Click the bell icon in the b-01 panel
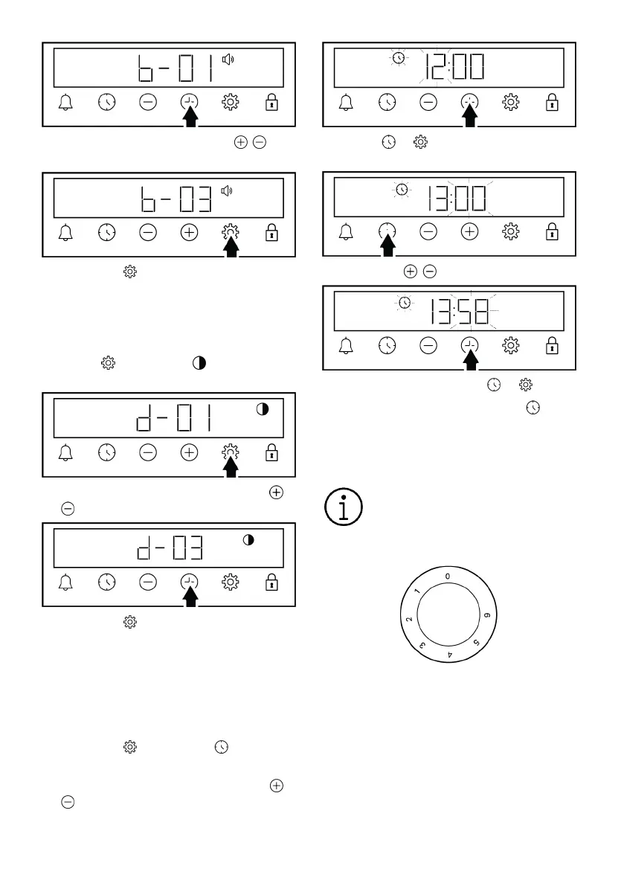click(65, 102)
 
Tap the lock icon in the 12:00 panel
click(552, 102)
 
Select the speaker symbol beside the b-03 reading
click(226, 191)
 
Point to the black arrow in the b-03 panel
click(231, 245)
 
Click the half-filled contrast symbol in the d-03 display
click(248, 539)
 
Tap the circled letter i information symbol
click(344, 507)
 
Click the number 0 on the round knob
click(447, 577)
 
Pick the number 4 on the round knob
click(450, 655)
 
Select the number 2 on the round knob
click(409, 619)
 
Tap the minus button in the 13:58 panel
click(428, 345)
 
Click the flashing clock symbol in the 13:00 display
click(402, 189)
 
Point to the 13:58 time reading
click(459, 311)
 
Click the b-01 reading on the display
click(176, 68)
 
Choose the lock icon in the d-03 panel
click(271, 582)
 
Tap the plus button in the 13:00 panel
click(469, 231)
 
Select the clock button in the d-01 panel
click(107, 452)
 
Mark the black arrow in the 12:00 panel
click(470, 116)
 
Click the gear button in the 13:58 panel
click(510, 345)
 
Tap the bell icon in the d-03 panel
click(65, 582)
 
